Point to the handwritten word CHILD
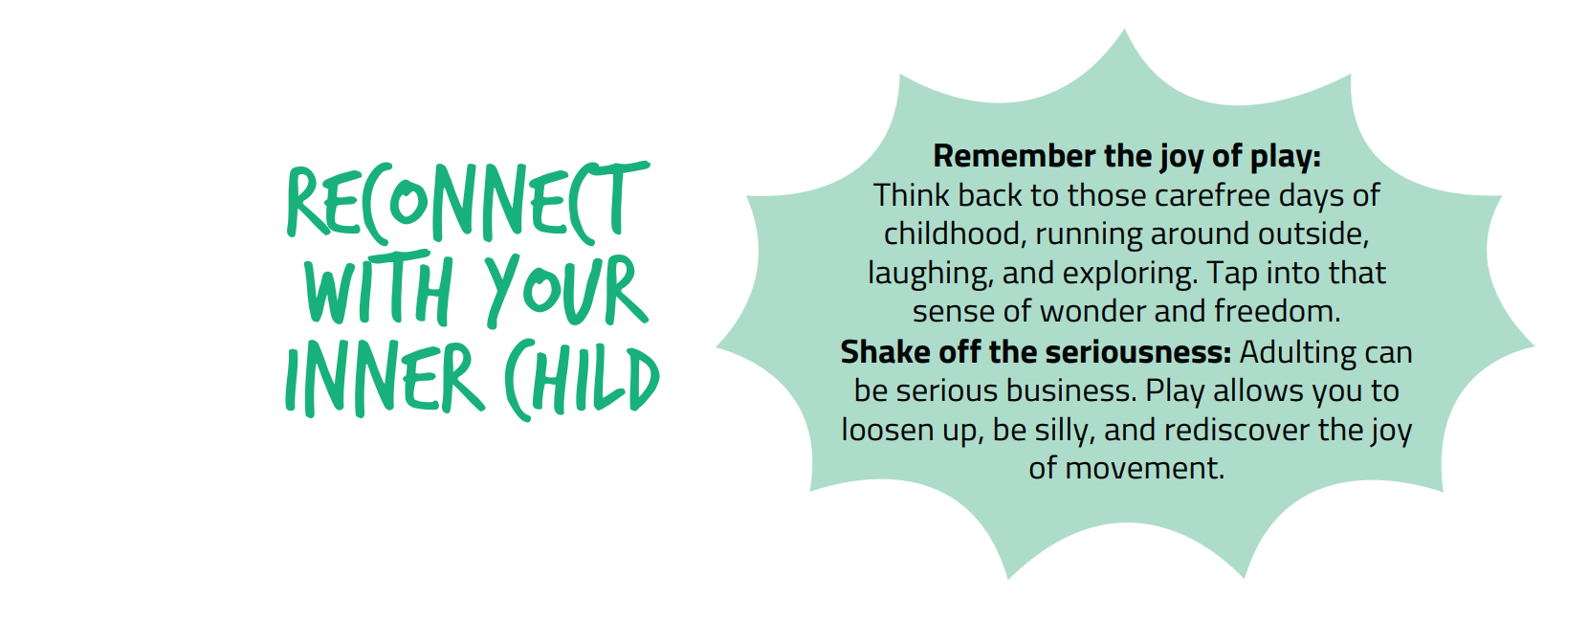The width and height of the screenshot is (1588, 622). (x=582, y=379)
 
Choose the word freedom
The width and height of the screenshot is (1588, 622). (x=1277, y=312)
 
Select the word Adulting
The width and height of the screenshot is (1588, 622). (x=1297, y=352)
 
